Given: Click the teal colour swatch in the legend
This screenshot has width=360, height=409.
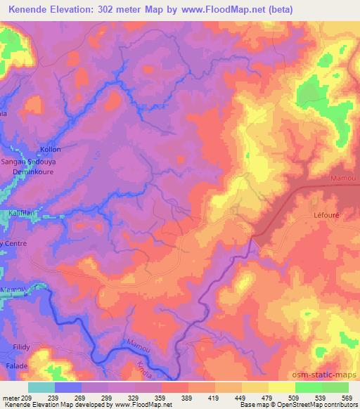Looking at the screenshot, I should [x=41, y=387].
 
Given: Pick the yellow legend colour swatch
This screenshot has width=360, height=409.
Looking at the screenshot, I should [x=281, y=387].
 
